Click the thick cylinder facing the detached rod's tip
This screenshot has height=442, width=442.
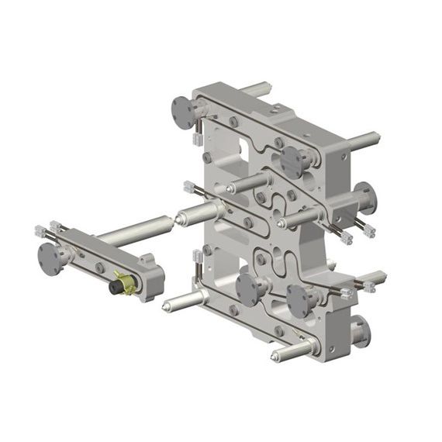pos(199,212)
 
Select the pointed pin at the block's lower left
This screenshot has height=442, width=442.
pos(177,304)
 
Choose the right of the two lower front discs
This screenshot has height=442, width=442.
pos(300,298)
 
